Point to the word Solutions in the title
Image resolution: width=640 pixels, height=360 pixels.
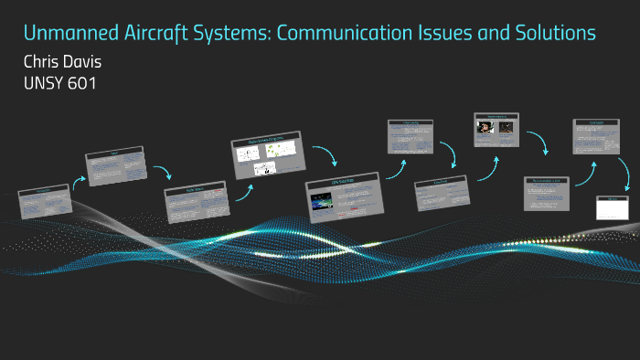coord(551,34)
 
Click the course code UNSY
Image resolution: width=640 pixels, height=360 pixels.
coord(44,84)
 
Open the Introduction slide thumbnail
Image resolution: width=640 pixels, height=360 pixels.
coord(44,203)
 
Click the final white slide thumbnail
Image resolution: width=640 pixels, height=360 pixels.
coord(613,207)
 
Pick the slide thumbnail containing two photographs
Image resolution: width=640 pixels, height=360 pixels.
coord(498,131)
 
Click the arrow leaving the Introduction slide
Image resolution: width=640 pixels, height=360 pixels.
coord(80,180)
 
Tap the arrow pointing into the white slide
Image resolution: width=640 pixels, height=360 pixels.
coord(624,173)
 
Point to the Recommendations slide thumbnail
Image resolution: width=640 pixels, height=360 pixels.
coord(547,193)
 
